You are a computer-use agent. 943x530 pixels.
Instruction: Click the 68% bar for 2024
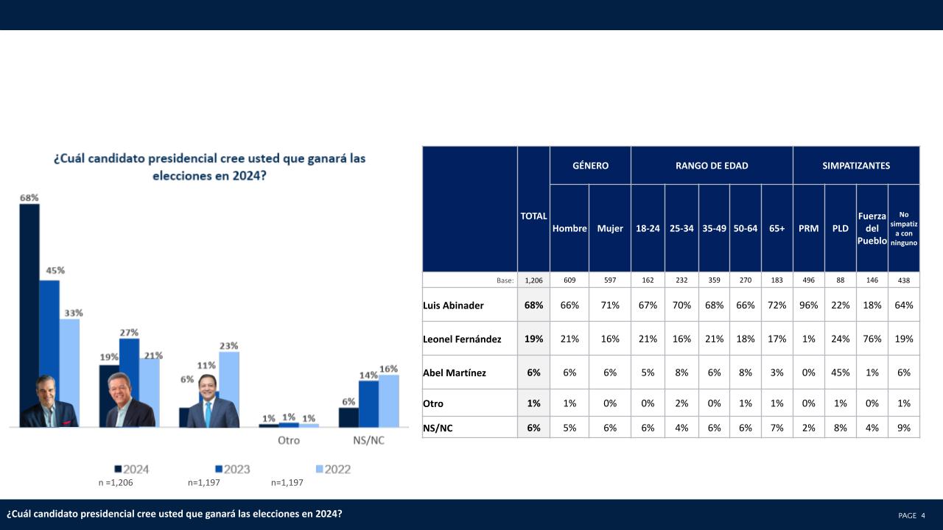[x=29, y=294]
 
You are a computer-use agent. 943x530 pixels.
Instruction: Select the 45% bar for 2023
[x=49, y=331]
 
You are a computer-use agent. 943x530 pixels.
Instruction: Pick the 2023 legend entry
[x=233, y=469]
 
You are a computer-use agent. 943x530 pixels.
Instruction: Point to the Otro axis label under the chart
[x=289, y=440]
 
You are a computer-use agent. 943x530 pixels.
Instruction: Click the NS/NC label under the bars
[x=369, y=440]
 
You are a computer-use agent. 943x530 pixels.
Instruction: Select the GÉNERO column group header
[x=590, y=166]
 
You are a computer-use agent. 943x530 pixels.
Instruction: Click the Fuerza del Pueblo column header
[x=872, y=228]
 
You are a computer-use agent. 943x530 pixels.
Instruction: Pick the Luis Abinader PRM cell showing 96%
[x=808, y=305]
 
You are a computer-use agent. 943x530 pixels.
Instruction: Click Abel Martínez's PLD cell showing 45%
[x=840, y=372]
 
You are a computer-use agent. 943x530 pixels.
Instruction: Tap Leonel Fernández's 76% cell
[x=872, y=339]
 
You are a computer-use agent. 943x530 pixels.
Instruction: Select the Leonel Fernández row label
[x=462, y=339]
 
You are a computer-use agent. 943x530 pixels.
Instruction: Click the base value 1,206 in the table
[x=533, y=280]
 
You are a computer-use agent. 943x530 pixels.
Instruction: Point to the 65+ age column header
[x=777, y=228]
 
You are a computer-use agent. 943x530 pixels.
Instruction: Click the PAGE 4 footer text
[x=911, y=515]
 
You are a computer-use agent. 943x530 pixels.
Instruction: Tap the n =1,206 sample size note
[x=116, y=483]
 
